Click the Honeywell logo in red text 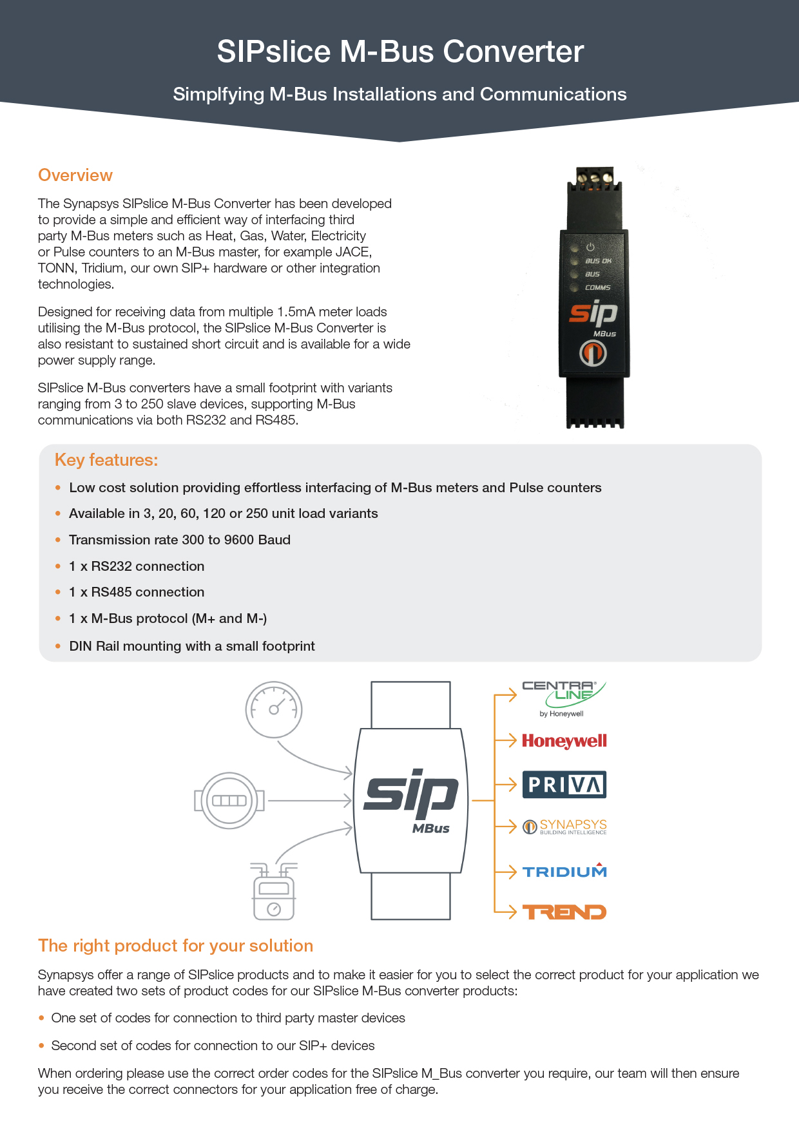pos(564,741)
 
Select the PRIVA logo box pos(564,785)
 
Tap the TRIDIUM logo pos(564,872)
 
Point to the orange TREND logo pos(564,912)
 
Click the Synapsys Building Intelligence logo pos(565,827)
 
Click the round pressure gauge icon pos(274,709)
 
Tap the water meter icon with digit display pos(229,801)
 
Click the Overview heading pos(75,175)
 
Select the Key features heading pos(106,460)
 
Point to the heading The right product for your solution pos(175,946)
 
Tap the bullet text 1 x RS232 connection pos(137,566)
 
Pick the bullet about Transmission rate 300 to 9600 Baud pos(180,540)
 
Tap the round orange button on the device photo pos(593,353)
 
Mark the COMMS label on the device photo pos(597,288)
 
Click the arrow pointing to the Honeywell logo pos(506,741)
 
